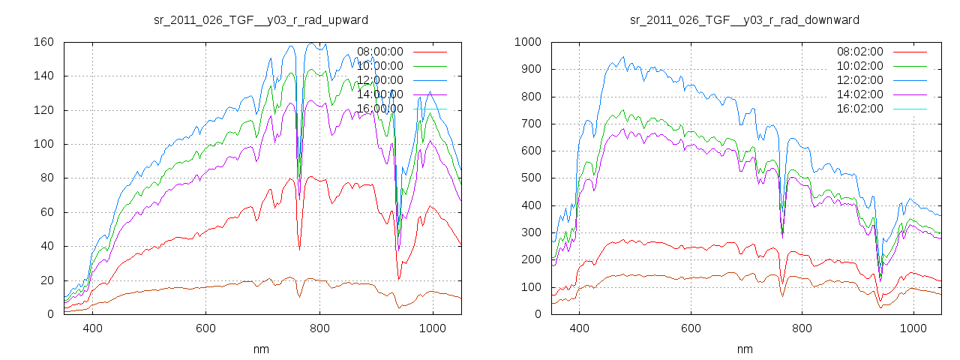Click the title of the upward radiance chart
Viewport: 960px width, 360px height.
260,19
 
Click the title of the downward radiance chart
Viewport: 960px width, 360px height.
745,19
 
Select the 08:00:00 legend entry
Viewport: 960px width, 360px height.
379,52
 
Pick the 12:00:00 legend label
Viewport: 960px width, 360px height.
379,80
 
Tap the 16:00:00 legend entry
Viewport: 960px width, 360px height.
379,109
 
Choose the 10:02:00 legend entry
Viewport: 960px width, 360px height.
859,66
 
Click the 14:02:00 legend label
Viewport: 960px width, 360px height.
859,94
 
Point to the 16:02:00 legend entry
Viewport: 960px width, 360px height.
859,109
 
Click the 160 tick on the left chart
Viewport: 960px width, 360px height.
43,42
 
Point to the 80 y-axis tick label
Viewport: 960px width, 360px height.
46,178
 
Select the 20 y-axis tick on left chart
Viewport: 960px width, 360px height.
46,280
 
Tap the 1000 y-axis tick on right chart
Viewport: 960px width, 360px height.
528,42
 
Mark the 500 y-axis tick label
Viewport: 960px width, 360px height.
531,178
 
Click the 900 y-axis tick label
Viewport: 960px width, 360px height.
531,69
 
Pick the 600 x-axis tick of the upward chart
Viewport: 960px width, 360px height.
206,328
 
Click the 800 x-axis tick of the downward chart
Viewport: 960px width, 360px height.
802,328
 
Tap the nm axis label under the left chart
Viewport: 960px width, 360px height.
262,349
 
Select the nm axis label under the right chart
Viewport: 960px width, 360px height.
745,349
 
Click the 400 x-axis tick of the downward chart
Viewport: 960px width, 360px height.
579,328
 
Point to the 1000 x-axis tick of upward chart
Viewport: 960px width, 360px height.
433,328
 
